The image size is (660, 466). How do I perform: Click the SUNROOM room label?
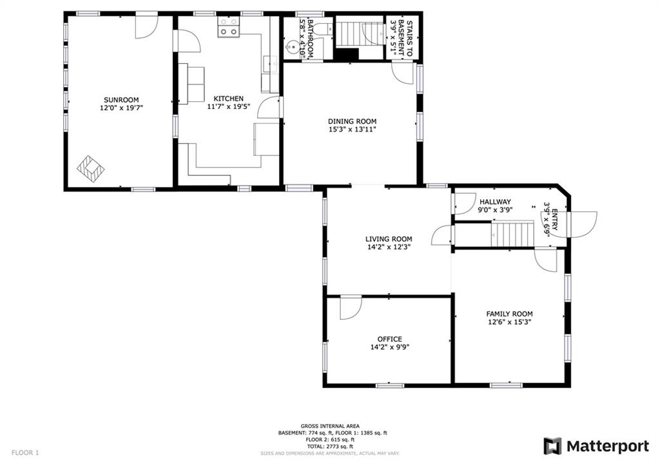pos(121,100)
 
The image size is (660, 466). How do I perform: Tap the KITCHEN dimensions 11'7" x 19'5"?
pos(229,106)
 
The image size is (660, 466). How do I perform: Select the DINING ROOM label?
pos(353,121)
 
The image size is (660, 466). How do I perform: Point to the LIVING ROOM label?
pos(389,238)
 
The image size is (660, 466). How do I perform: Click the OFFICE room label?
pos(389,339)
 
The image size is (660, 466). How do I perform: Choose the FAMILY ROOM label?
pos(509,314)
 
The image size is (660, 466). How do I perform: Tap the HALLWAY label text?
pos(495,202)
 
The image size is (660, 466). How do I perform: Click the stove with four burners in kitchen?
pos(228,27)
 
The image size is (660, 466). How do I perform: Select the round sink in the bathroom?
pos(292,47)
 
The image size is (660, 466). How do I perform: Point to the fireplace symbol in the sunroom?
pos(90,169)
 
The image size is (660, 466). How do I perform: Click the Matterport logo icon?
pos(552,446)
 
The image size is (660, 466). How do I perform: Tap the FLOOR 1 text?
pos(25,453)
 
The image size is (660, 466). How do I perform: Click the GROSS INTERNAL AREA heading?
pos(330,426)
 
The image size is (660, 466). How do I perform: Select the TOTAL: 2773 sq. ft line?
pos(330,446)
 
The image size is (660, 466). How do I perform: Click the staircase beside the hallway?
pos(512,235)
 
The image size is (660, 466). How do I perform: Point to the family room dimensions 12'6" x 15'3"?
pos(509,322)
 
